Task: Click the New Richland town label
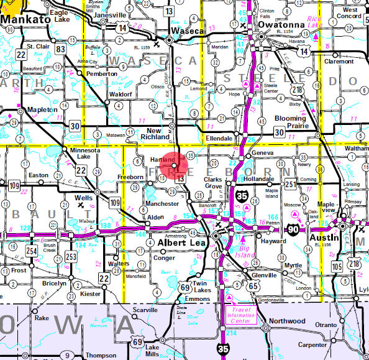152,132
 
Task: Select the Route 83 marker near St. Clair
60,49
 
